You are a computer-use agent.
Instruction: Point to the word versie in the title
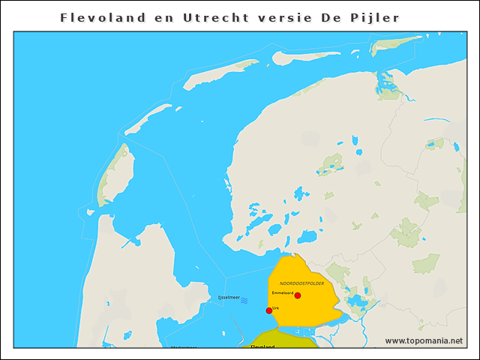point(291,17)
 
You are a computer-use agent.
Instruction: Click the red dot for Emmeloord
point(298,295)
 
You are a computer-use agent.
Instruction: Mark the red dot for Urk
point(269,310)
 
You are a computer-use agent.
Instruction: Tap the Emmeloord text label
point(283,292)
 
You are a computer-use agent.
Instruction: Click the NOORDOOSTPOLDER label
point(301,283)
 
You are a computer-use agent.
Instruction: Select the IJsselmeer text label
point(228,298)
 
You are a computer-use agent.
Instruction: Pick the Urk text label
point(276,307)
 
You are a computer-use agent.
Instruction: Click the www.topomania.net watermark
point(424,341)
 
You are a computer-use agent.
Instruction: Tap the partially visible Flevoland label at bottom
point(262,346)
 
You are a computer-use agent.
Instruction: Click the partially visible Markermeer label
point(184,346)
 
